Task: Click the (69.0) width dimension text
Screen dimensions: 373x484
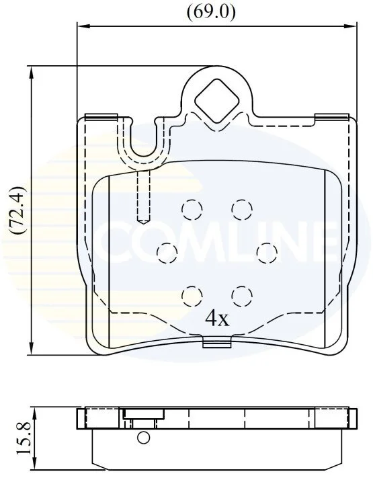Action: pyautogui.click(x=211, y=12)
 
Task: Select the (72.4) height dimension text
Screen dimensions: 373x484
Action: pyautogui.click(x=17, y=210)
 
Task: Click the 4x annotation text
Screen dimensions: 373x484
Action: pyautogui.click(x=218, y=319)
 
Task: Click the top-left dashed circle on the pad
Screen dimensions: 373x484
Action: pyautogui.click(x=192, y=210)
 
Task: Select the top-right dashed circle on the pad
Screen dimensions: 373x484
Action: pyautogui.click(x=242, y=210)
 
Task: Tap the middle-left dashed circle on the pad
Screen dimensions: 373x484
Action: pyautogui.click(x=167, y=253)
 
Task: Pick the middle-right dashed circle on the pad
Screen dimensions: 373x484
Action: pyautogui.click(x=267, y=253)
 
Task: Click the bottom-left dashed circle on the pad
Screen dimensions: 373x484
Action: pyautogui.click(x=192, y=296)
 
